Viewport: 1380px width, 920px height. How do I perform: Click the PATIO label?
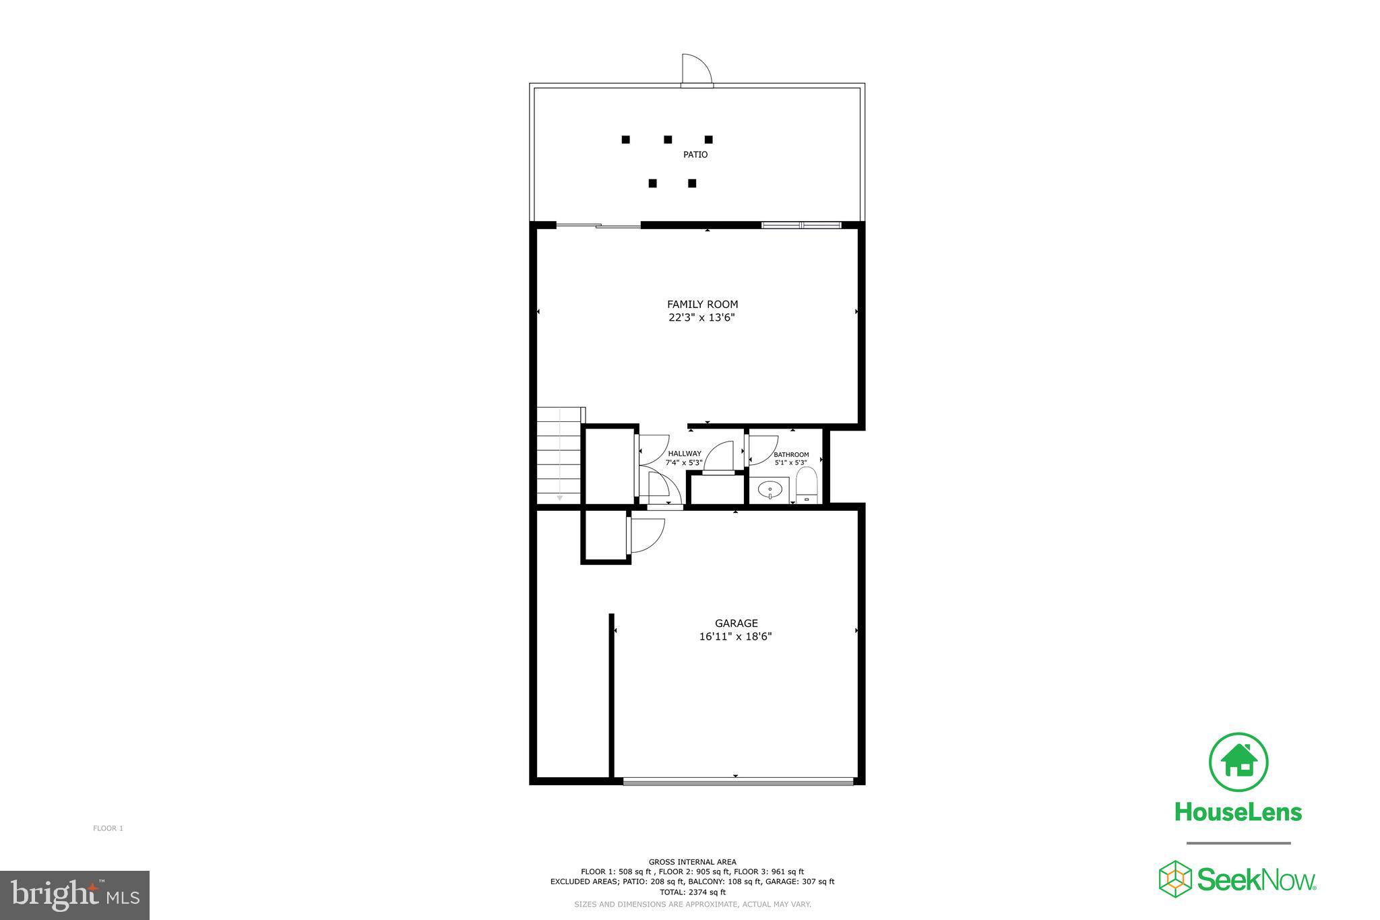(x=695, y=154)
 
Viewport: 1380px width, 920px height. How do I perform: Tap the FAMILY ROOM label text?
(x=702, y=304)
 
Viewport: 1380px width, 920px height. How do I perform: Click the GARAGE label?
(x=736, y=623)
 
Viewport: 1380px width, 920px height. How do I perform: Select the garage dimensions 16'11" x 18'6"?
(x=735, y=636)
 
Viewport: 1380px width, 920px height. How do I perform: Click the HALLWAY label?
(x=685, y=454)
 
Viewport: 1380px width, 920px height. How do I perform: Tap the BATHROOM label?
(x=791, y=455)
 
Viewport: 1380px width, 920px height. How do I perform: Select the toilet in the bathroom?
(x=806, y=486)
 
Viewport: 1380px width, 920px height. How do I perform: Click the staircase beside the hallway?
(x=559, y=456)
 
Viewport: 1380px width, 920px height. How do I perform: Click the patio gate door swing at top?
(x=696, y=69)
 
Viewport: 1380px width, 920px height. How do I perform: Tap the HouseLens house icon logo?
(x=1238, y=762)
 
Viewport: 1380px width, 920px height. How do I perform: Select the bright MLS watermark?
(x=75, y=895)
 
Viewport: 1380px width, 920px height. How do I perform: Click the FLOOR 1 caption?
(x=108, y=828)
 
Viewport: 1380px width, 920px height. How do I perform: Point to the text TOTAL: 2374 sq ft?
(x=692, y=892)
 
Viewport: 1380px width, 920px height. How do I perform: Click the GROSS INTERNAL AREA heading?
(x=692, y=861)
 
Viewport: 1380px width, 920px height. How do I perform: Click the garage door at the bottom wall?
(x=737, y=782)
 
